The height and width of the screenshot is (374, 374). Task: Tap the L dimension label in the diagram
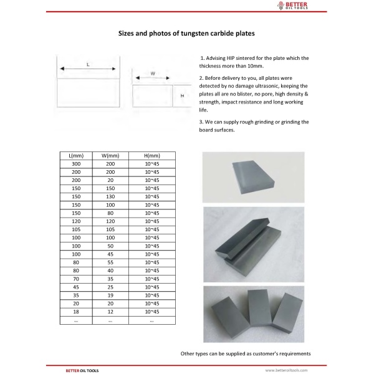tap(88, 65)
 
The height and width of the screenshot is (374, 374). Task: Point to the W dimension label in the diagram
tap(153, 74)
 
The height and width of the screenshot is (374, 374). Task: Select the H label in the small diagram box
tap(182, 96)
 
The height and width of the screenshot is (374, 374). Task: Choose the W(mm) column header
tap(110, 155)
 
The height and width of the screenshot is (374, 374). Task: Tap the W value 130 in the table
tap(110, 196)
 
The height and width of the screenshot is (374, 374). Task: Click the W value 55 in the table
tap(110, 262)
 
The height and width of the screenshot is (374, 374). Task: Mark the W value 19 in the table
tap(110, 295)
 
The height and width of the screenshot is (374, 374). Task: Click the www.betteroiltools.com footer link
tap(287, 370)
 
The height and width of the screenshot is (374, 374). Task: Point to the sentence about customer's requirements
tap(246, 353)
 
